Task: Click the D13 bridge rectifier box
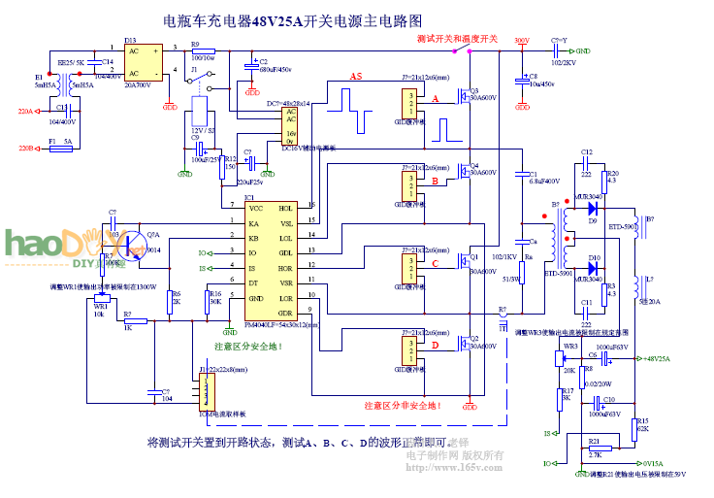pos(144,61)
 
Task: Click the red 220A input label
pos(25,112)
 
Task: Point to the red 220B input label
pos(25,148)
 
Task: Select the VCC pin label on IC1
pos(256,208)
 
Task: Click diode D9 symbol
pos(592,209)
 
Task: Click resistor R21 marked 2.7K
pos(594,446)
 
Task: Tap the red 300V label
pos(521,41)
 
